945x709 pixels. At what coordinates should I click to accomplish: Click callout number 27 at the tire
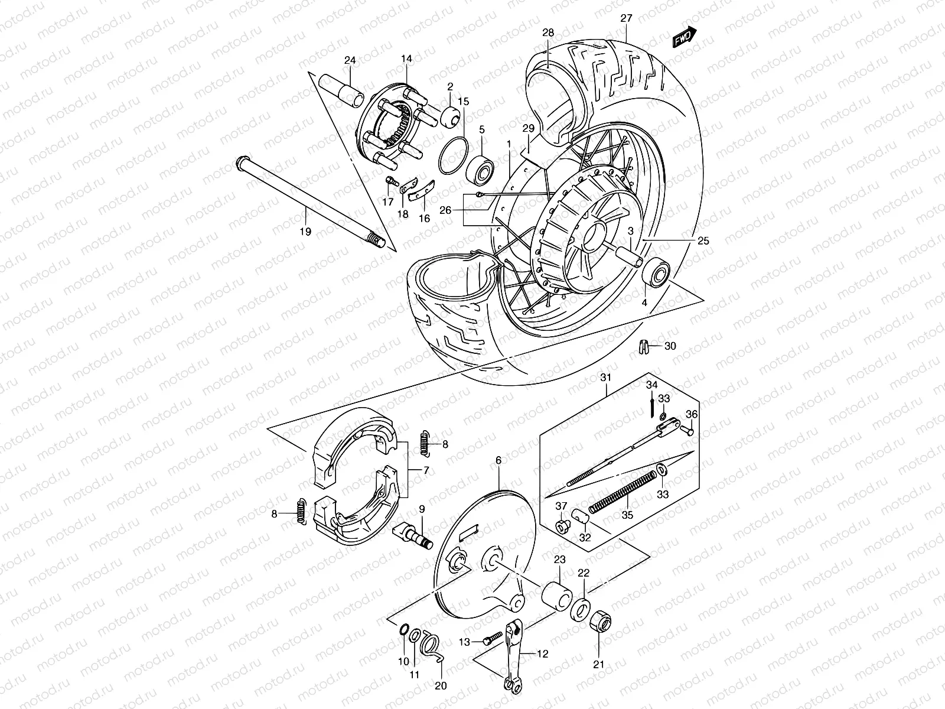point(626,19)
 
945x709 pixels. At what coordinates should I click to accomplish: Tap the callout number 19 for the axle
point(305,232)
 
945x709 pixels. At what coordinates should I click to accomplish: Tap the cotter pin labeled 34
point(651,407)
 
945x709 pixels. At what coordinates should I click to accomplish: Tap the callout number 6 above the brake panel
point(498,460)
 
